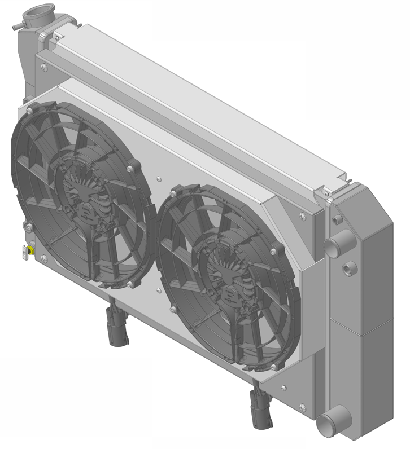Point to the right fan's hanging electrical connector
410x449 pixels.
point(261,410)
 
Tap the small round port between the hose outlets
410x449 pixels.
point(348,266)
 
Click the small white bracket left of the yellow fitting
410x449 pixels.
point(24,252)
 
